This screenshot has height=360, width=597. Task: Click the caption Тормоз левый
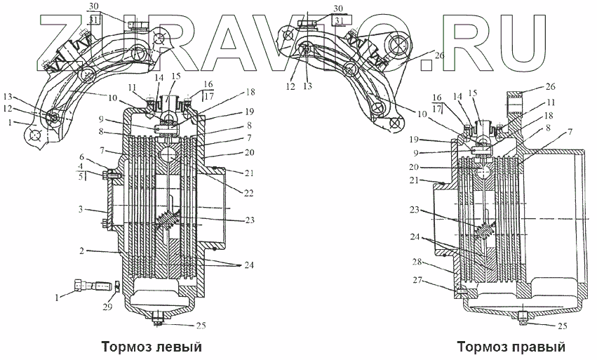pos(152,347)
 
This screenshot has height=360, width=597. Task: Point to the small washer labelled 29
pos(116,286)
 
